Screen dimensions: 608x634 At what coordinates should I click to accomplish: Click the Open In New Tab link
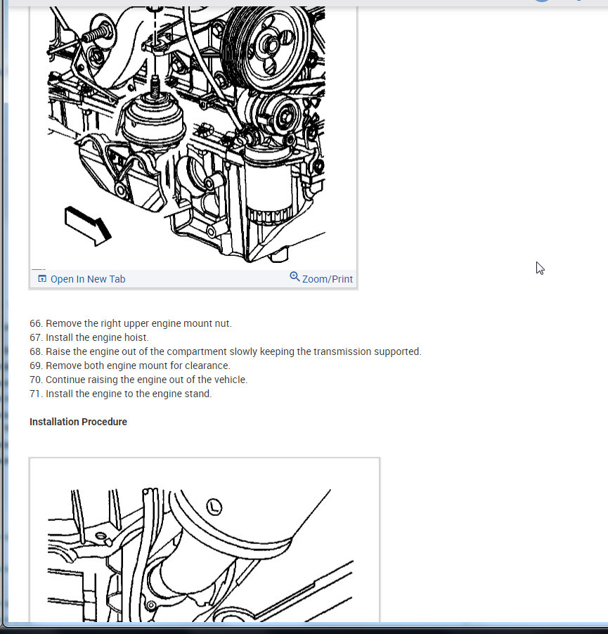coord(88,279)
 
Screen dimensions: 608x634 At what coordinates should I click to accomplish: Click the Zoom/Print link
coord(327,279)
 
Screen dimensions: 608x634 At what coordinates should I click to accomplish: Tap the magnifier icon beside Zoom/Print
coord(295,277)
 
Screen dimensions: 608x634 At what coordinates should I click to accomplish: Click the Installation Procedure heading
coord(78,422)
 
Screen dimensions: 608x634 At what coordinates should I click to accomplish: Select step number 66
coord(36,323)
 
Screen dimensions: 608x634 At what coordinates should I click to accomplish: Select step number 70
coord(36,380)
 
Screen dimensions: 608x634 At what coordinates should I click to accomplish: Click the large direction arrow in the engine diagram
coord(88,226)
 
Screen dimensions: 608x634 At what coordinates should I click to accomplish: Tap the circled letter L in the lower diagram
coord(214,507)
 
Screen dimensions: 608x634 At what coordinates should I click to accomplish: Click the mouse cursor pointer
coord(540,268)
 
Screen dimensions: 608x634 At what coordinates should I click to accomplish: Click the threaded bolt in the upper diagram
coord(97,34)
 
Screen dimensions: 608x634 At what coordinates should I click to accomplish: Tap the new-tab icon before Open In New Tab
coord(42,278)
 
